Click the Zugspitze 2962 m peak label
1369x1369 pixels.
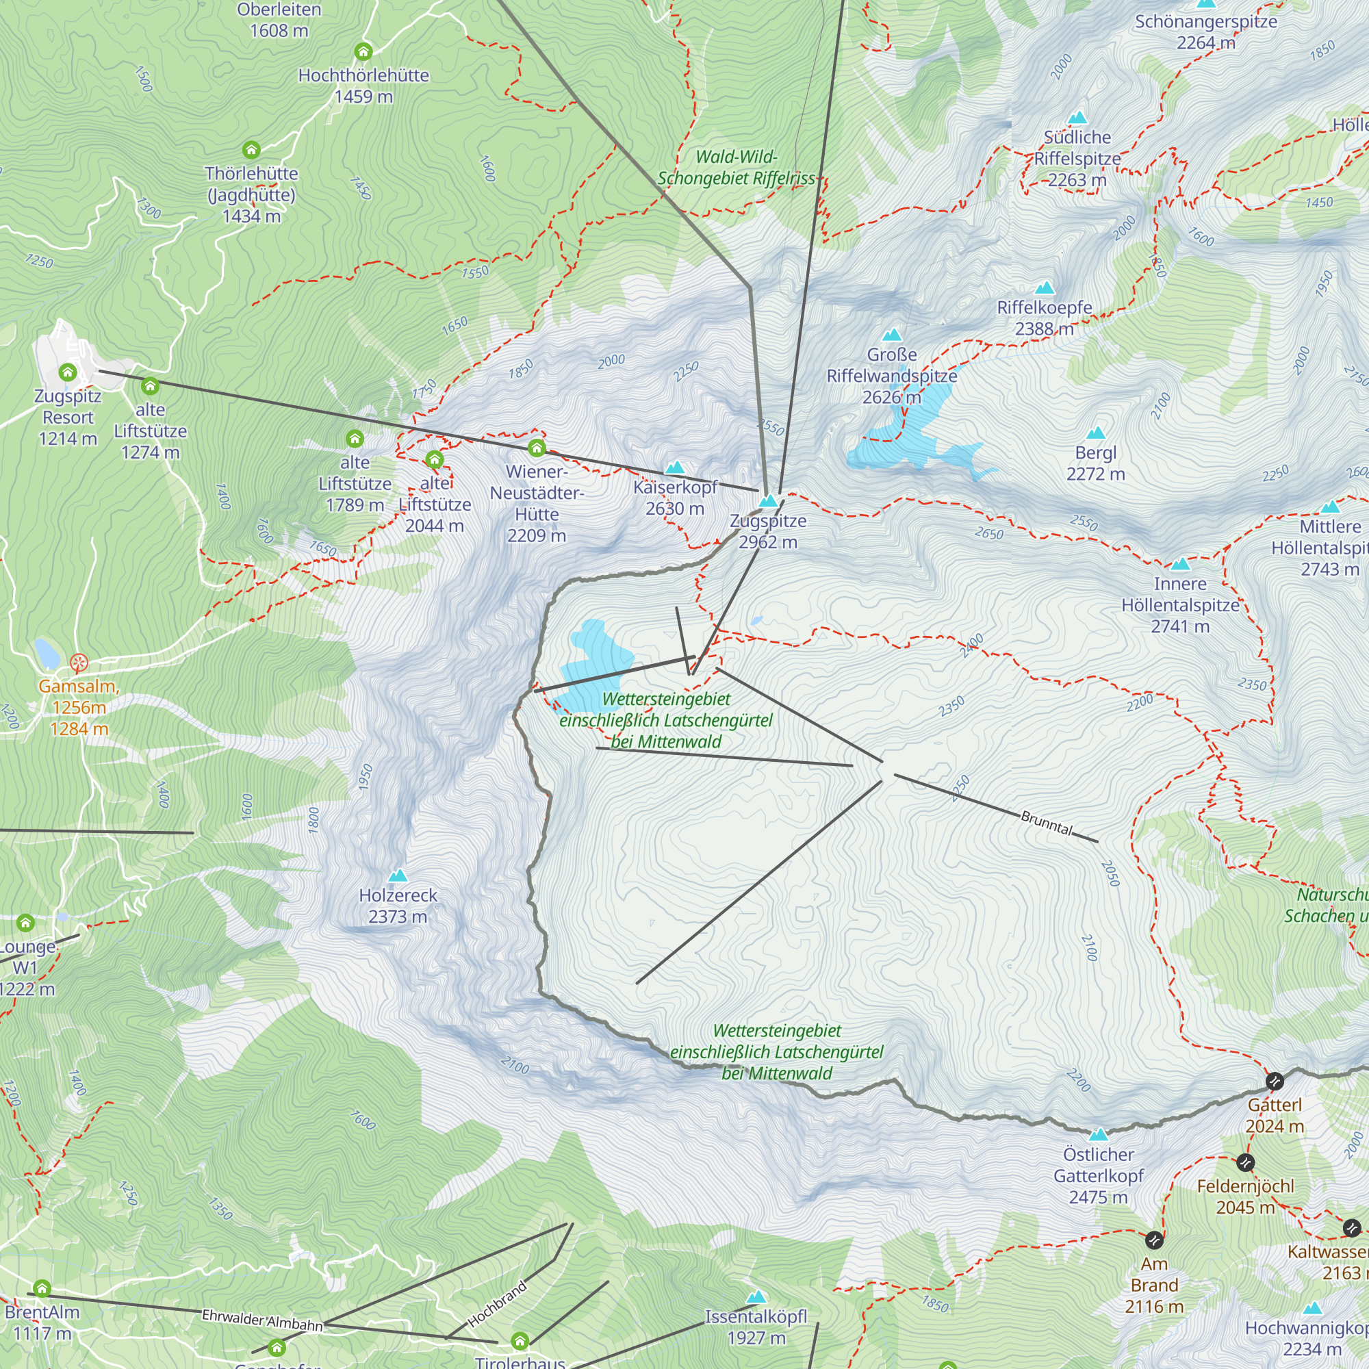point(768,531)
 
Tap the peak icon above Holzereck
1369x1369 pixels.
point(398,876)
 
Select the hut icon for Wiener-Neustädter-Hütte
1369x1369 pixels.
point(537,448)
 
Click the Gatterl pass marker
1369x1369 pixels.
point(1275,1082)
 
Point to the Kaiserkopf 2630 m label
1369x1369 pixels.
point(676,498)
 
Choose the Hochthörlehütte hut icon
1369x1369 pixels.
point(363,52)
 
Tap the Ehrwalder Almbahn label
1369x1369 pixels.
point(262,1320)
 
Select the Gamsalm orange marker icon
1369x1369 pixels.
point(79,663)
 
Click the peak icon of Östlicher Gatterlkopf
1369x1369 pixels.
point(1099,1134)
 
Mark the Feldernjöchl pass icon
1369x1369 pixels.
point(1246,1163)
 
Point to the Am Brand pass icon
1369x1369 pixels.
point(1154,1240)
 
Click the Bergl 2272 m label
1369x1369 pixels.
point(1095,463)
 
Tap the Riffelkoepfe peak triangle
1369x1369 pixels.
point(1045,287)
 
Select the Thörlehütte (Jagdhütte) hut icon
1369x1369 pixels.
point(251,150)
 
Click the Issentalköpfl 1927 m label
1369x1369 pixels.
point(756,1327)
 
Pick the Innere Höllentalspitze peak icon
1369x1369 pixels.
point(1180,565)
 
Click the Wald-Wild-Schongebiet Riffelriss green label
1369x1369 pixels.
point(737,168)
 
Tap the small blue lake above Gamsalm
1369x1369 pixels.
point(47,652)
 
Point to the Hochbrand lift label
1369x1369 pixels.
point(498,1304)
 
